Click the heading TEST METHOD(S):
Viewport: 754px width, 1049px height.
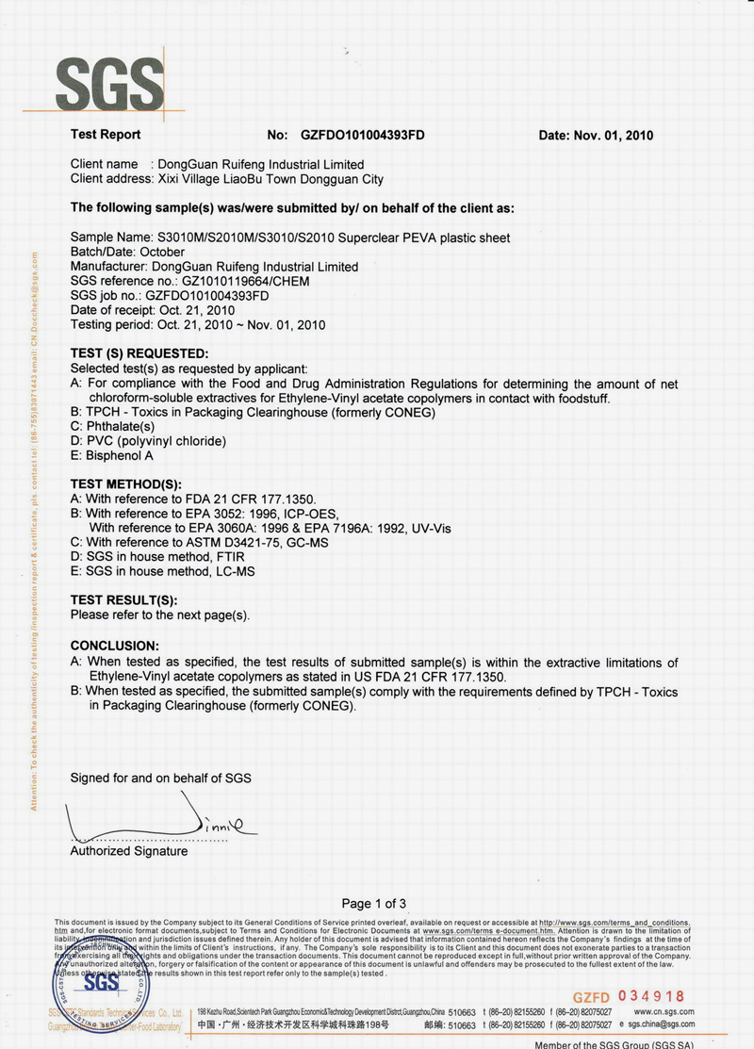(x=126, y=484)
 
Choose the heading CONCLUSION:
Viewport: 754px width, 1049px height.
(x=115, y=646)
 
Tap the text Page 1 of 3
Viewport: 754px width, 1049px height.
(x=374, y=903)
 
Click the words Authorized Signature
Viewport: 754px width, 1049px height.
(x=129, y=851)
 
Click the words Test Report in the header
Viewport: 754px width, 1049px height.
(x=106, y=135)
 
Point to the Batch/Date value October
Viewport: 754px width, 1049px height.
(x=162, y=252)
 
